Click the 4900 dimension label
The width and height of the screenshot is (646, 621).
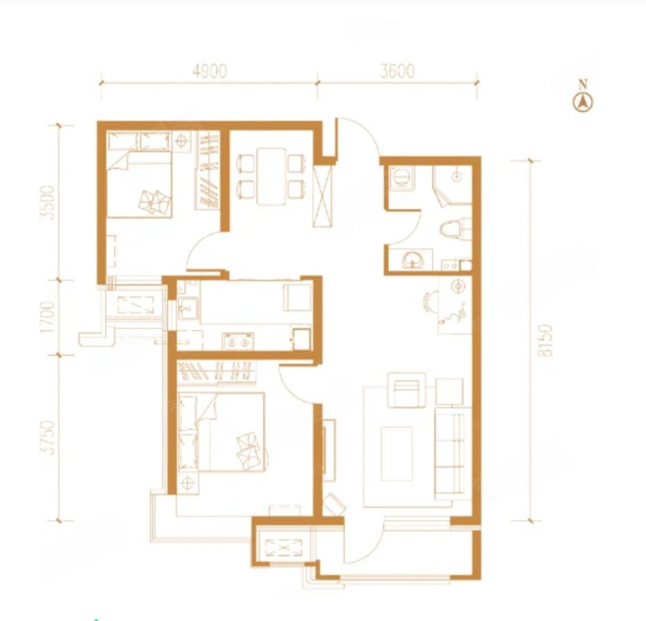pyautogui.click(x=210, y=72)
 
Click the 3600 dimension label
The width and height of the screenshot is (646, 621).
pyautogui.click(x=397, y=72)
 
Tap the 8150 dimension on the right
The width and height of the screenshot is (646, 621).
pyautogui.click(x=547, y=340)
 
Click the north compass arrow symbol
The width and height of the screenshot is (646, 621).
pyautogui.click(x=583, y=102)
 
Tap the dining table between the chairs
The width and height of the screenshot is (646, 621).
pyautogui.click(x=271, y=176)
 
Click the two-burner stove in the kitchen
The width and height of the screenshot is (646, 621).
pyautogui.click(x=238, y=342)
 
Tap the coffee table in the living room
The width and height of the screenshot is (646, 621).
pyautogui.click(x=397, y=453)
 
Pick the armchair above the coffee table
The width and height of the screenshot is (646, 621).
pyautogui.click(x=407, y=389)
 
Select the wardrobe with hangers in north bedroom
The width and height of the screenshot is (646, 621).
pyautogui.click(x=208, y=170)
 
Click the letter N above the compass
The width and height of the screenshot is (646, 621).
pyautogui.click(x=583, y=85)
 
